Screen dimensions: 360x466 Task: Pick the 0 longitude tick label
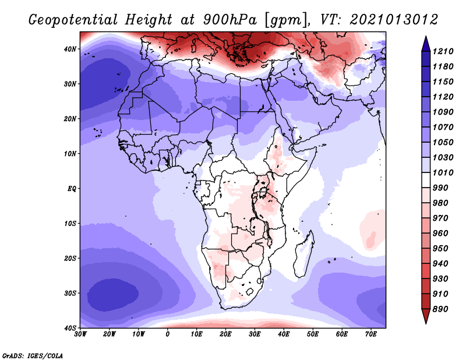168,334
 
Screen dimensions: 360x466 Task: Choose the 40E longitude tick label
284,334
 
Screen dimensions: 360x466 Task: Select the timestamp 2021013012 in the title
394,19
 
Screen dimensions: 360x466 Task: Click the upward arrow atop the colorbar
426,41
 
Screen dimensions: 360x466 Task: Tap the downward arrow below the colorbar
426,317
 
